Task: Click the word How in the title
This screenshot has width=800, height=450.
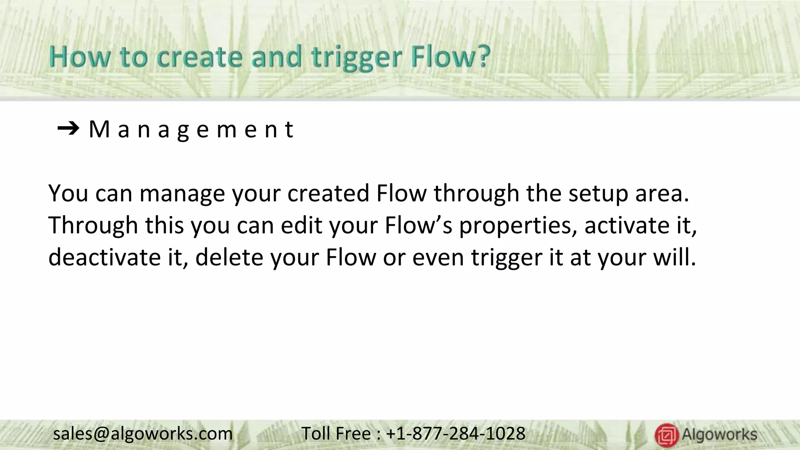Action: [x=79, y=57]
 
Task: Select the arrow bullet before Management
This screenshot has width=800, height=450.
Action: [x=68, y=129]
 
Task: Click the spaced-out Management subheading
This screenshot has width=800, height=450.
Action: [x=191, y=129]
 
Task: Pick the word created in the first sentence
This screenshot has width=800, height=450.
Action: [x=328, y=193]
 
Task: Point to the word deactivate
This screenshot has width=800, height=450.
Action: [x=104, y=257]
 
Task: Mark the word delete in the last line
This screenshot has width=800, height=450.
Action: [x=229, y=257]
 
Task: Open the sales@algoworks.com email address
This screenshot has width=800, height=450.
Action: [x=143, y=434]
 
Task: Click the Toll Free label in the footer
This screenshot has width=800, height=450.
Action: [x=336, y=434]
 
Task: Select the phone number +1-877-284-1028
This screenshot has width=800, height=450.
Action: [x=455, y=434]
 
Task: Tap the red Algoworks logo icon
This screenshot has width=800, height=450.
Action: [x=666, y=435]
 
